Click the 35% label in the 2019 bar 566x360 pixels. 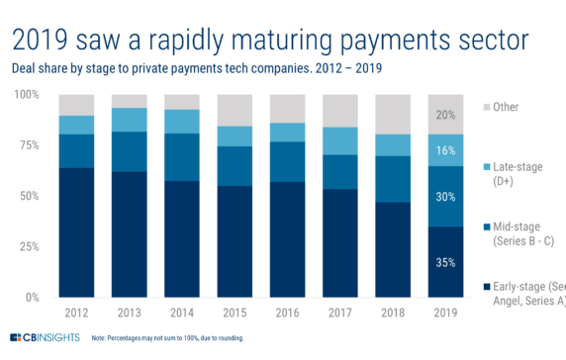444,263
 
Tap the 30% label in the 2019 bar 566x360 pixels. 444,197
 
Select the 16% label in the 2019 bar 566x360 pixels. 444,150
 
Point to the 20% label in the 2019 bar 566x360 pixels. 444,114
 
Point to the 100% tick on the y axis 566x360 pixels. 27,95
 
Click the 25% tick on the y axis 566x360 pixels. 30,246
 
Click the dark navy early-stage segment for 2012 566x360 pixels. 78,232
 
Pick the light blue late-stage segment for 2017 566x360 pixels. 339,140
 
